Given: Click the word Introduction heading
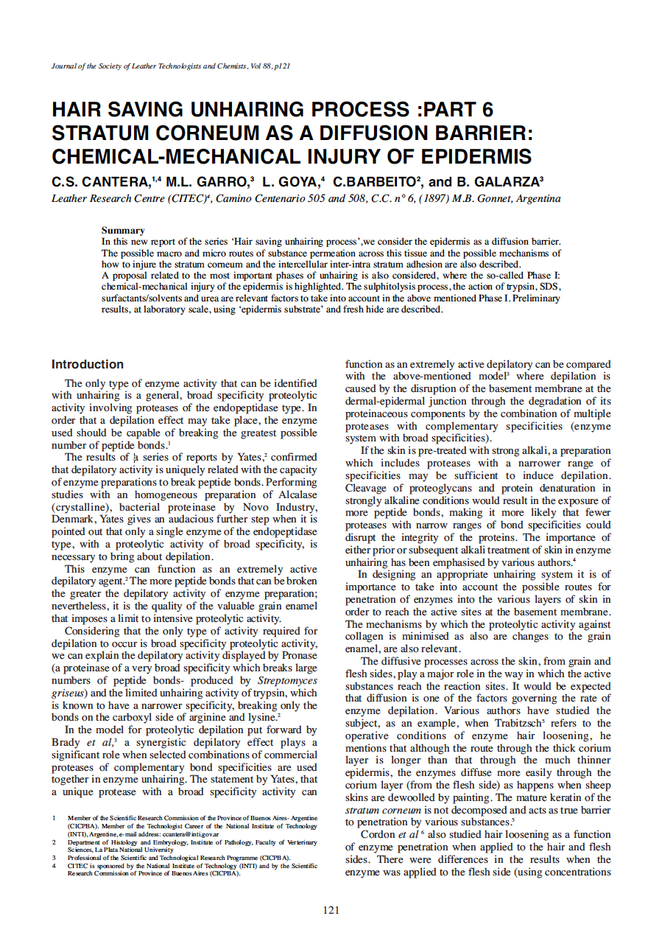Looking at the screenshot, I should [x=88, y=364].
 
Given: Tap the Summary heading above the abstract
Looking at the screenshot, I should [x=123, y=231].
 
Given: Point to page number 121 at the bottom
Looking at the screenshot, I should [x=331, y=910].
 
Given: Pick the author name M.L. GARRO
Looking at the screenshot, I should [x=207, y=182].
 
